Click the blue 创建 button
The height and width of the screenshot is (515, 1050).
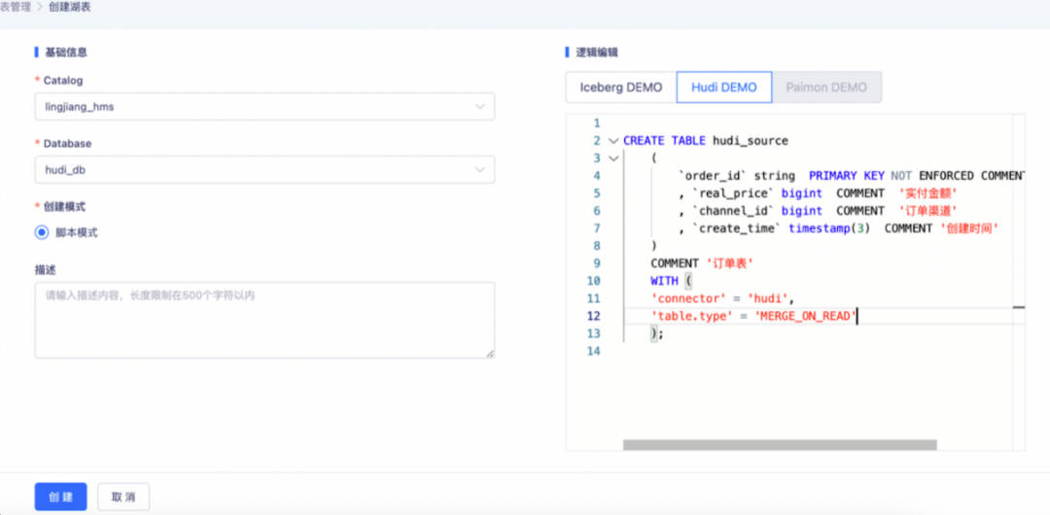point(61,497)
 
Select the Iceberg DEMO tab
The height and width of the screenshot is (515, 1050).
point(620,87)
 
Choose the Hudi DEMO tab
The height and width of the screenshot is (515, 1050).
point(724,87)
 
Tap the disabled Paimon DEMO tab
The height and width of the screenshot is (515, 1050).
point(826,87)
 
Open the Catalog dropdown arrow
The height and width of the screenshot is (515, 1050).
point(479,107)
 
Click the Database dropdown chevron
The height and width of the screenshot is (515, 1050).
point(479,169)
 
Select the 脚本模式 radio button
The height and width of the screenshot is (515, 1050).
point(42,232)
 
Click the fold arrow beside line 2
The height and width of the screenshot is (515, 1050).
point(612,141)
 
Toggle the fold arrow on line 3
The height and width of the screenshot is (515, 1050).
point(612,158)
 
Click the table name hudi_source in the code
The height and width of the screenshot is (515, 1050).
point(750,141)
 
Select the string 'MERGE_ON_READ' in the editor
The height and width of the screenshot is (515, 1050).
point(806,316)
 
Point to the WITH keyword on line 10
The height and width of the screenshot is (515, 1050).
point(664,281)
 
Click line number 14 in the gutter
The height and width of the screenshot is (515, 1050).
point(593,351)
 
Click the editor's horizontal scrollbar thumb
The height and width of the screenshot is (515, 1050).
point(780,445)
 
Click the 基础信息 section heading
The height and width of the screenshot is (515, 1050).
point(66,52)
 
